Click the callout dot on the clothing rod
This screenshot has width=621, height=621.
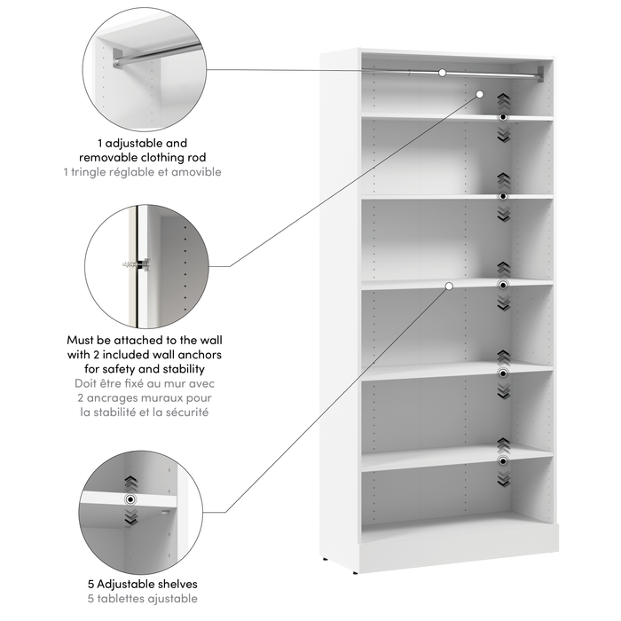click(x=442, y=72)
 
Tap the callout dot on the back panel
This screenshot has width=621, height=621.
click(x=480, y=93)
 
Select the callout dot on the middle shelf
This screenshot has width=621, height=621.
click(x=450, y=286)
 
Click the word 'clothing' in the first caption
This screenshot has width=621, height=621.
click(x=175, y=156)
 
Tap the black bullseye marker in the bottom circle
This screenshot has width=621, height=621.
click(x=131, y=499)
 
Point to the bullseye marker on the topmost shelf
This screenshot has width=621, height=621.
click(x=503, y=117)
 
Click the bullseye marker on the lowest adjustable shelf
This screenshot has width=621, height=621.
click(x=503, y=461)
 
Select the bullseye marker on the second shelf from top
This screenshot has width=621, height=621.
click(x=503, y=195)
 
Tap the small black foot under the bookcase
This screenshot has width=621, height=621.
click(x=329, y=559)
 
